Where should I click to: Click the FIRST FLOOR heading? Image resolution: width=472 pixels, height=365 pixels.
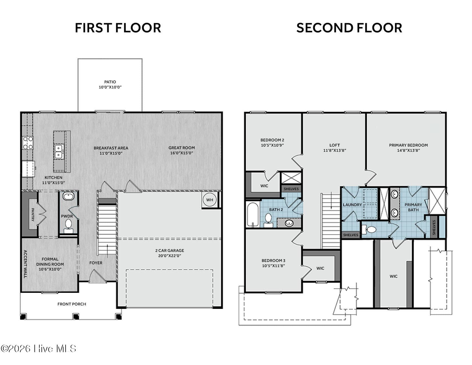click(x=118, y=28)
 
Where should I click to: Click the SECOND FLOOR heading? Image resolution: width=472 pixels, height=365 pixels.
click(x=349, y=28)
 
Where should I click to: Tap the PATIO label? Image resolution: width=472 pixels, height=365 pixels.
click(x=110, y=82)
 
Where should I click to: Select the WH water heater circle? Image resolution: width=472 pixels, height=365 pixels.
click(x=209, y=200)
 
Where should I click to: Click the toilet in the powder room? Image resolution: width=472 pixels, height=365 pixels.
click(x=68, y=226)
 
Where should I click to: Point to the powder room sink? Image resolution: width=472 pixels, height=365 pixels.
click(x=68, y=196)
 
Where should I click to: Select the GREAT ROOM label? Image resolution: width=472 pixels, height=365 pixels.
click(x=182, y=148)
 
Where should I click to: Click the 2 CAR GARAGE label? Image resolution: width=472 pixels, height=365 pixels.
click(x=170, y=250)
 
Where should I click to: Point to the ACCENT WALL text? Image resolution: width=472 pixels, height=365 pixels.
click(x=25, y=264)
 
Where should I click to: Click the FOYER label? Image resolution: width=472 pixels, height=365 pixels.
click(x=96, y=263)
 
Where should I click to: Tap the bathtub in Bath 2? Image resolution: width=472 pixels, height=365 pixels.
click(x=253, y=215)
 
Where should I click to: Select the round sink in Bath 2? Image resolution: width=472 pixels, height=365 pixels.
click(x=289, y=223)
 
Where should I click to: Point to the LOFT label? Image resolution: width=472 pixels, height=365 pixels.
click(x=334, y=145)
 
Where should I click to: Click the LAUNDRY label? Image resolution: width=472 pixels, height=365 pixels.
click(x=352, y=205)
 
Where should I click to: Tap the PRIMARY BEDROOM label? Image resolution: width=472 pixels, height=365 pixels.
click(x=408, y=145)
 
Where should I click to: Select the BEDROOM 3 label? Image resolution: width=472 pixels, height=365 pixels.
click(x=273, y=261)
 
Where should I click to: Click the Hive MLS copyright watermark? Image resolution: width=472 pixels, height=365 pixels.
click(x=38, y=348)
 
